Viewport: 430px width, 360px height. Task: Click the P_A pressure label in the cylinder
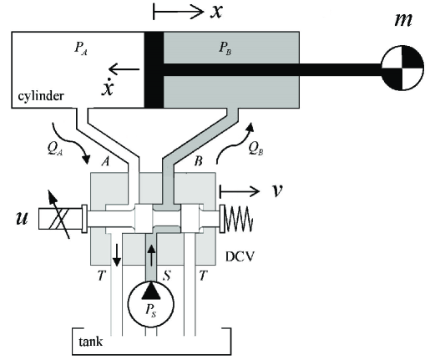[x=81, y=48]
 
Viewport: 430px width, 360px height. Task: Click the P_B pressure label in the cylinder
[x=225, y=48]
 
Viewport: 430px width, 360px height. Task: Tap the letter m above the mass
[x=403, y=20]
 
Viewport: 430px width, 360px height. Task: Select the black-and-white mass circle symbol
[x=402, y=68]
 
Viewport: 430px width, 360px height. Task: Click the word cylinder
[x=41, y=96]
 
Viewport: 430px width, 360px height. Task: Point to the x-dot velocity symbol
[x=108, y=86]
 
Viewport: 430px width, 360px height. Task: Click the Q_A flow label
[x=55, y=149]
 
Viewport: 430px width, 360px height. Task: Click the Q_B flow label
[x=255, y=149]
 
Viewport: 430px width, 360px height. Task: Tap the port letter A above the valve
[x=105, y=161]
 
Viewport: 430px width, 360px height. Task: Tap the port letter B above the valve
[x=198, y=161]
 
